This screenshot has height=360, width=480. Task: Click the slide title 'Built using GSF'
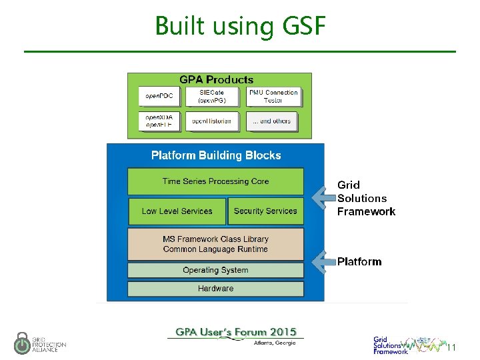(240, 26)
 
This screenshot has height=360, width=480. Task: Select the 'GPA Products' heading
(216, 79)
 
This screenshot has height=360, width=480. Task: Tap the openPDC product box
(159, 97)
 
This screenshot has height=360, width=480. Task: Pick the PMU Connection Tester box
(273, 97)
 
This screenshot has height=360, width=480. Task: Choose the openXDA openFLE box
(159, 121)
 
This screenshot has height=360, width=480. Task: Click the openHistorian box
(213, 121)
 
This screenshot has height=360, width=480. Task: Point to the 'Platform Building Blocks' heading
(216, 155)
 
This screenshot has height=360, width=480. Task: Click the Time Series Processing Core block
(215, 181)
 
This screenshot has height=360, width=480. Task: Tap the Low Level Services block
(177, 211)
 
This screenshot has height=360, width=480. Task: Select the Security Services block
(265, 211)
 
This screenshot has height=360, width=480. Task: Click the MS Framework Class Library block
(215, 244)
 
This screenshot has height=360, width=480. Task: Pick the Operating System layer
(215, 270)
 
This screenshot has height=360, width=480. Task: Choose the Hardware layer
(215, 289)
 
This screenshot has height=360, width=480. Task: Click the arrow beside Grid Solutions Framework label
(323, 197)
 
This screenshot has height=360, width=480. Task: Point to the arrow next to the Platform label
(323, 261)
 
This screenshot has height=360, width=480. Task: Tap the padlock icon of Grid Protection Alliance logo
(22, 343)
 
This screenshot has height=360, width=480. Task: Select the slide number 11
(451, 347)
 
